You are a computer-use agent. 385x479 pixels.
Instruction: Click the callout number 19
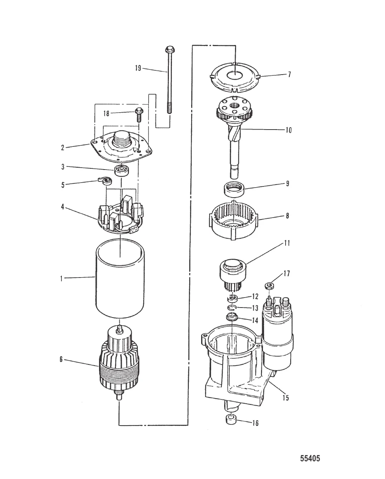point(138,68)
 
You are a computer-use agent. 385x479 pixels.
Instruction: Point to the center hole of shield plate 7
point(234,76)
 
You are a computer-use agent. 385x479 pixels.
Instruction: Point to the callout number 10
point(288,130)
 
